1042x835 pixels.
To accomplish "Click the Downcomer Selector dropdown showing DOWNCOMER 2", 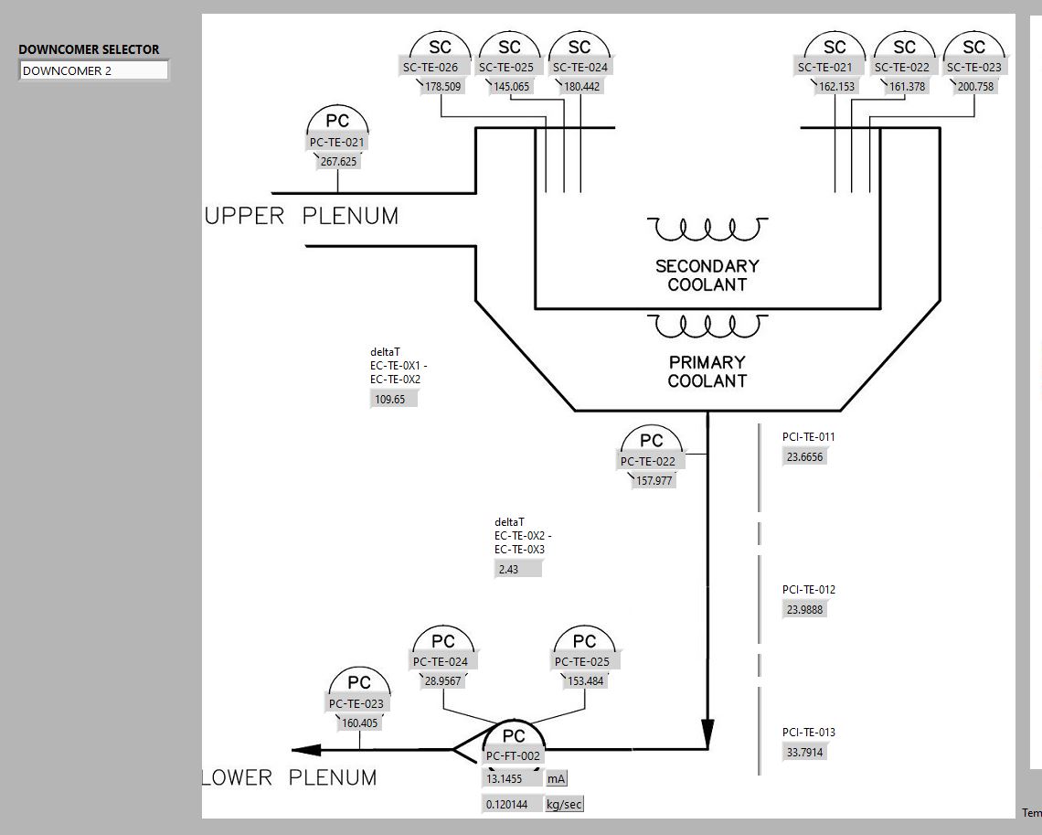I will (x=94, y=70).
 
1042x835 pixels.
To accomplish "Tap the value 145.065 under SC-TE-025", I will (x=511, y=87).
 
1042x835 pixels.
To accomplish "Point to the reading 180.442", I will (x=581, y=87).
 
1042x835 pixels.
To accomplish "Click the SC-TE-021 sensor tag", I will (x=824, y=67).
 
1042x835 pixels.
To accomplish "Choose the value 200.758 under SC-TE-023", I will (x=974, y=87).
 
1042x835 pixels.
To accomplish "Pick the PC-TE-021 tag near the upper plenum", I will (x=338, y=142).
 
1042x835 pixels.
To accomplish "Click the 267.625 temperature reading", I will (x=338, y=162).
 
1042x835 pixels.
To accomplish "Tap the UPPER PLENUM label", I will (x=302, y=217).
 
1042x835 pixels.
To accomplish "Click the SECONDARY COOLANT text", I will (x=707, y=275).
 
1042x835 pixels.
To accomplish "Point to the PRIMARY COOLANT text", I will (x=707, y=371).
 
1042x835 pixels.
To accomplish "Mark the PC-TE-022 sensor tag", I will (x=648, y=461).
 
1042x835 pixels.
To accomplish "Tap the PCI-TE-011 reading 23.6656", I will (x=804, y=457).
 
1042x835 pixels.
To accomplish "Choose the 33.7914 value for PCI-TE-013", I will (x=804, y=753).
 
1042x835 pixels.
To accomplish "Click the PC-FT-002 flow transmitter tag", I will (x=514, y=756).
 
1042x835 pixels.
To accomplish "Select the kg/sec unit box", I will (x=564, y=805).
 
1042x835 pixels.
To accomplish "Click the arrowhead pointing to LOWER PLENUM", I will (x=307, y=750).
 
